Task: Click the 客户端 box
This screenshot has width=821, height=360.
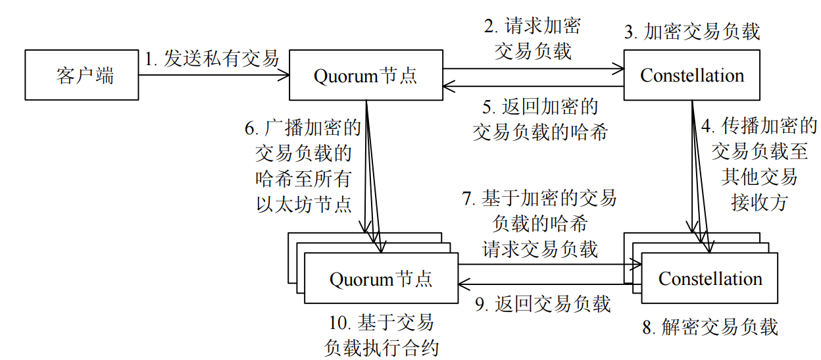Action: point(82,75)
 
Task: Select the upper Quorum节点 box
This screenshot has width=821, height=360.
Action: point(365,75)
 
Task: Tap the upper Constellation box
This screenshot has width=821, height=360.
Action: point(691,75)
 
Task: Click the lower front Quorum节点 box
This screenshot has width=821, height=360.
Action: point(381,279)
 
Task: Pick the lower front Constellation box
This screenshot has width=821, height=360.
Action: point(710,279)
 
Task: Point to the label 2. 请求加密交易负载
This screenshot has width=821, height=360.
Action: point(533,39)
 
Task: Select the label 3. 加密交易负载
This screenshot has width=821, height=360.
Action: point(692,32)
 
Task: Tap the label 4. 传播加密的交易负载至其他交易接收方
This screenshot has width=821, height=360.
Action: point(759,164)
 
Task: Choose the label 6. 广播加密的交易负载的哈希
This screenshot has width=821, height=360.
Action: point(303,165)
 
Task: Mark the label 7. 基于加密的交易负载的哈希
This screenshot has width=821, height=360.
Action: point(539,223)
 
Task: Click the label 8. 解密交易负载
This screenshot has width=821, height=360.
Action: point(710,327)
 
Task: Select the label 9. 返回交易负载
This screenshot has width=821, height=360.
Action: point(543,303)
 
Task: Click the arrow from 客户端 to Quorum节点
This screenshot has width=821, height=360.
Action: point(214,76)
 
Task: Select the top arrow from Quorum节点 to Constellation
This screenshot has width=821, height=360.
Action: point(533,67)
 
